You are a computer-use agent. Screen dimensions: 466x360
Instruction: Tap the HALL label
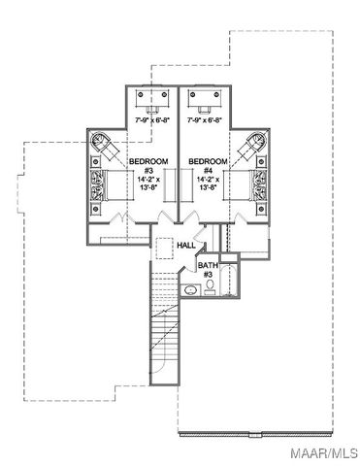pos(185,246)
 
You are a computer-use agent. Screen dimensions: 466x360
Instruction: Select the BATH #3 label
pos(208,269)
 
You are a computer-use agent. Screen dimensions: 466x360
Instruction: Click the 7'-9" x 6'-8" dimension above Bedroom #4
pos(204,120)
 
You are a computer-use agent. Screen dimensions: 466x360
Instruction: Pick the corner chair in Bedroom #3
pos(100,142)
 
